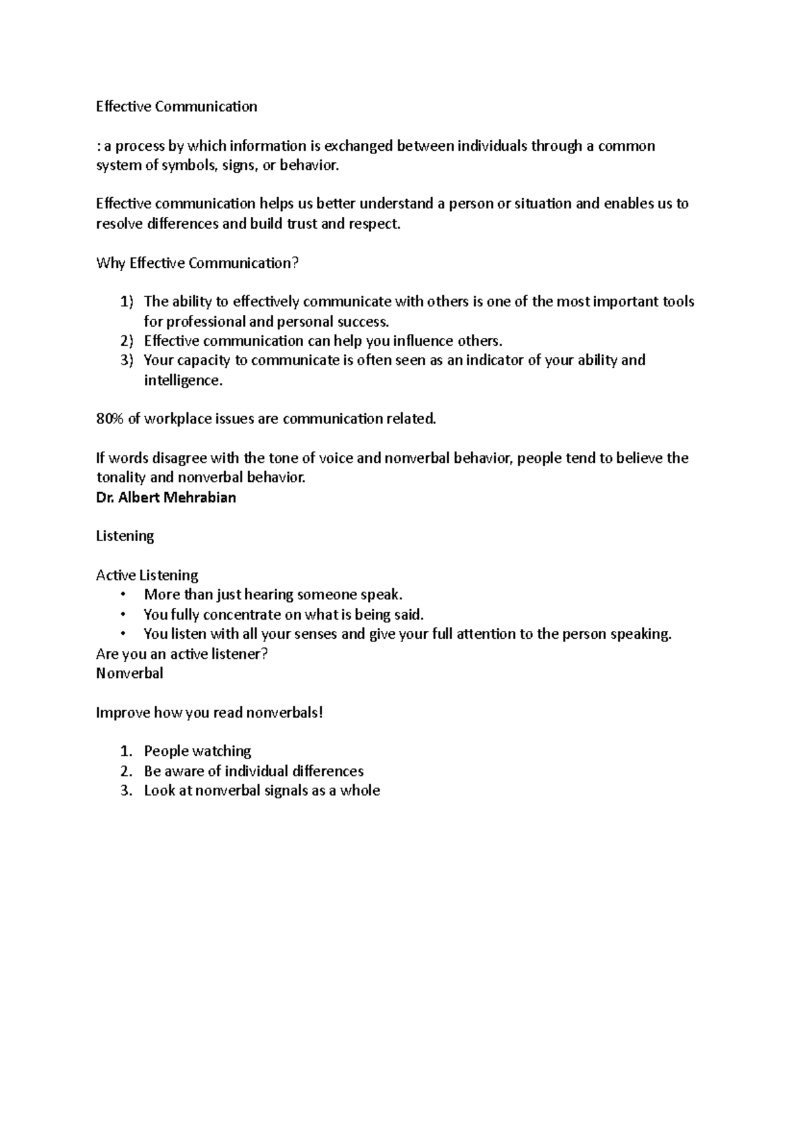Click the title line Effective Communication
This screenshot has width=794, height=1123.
[177, 106]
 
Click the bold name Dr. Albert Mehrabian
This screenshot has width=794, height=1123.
[166, 497]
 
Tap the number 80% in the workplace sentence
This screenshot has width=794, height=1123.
[110, 419]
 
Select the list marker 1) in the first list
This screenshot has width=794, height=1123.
[127, 302]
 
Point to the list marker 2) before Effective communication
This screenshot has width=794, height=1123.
[127, 341]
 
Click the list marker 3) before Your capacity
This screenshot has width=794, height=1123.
[127, 360]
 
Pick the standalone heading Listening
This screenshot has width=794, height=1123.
[125, 536]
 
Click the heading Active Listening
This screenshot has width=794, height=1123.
[147, 575]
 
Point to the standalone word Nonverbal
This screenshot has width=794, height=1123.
[130, 673]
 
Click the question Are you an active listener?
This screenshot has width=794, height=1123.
[182, 654]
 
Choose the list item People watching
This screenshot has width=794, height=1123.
[197, 751]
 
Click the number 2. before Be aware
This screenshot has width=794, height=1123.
[127, 771]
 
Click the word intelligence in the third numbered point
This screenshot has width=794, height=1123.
[183, 380]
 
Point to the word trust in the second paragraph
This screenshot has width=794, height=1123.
[301, 224]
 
